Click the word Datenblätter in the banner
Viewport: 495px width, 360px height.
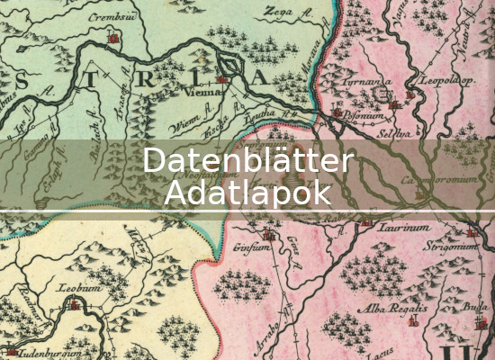(247, 161)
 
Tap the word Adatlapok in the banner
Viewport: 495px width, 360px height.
(247, 193)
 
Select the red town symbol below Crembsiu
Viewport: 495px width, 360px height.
(112, 39)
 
